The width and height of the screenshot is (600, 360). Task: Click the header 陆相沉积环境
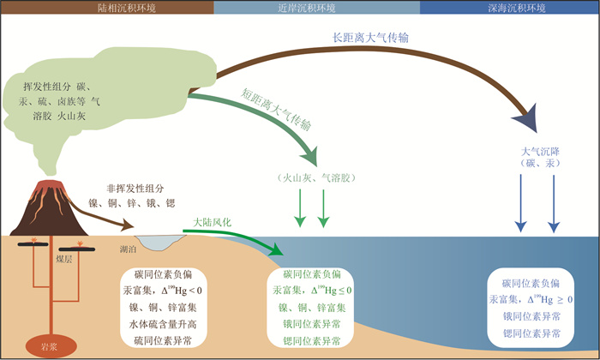click(127, 8)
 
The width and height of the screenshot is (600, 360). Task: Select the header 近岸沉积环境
click(307, 8)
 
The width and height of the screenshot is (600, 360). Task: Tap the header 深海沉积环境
click(517, 8)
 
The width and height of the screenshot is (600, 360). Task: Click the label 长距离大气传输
click(370, 38)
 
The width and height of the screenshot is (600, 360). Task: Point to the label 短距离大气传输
click(275, 110)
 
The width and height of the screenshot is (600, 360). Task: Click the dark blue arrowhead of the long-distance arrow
click(527, 118)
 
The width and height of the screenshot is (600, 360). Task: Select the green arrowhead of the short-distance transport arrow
click(310, 156)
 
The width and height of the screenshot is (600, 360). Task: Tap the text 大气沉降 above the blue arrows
click(540, 152)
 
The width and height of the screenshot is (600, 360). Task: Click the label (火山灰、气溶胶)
click(316, 178)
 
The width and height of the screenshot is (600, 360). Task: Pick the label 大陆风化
click(212, 223)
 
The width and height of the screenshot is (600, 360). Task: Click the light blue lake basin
click(159, 242)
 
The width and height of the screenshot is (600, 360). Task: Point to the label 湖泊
click(128, 249)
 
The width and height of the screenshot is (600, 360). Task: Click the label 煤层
click(64, 260)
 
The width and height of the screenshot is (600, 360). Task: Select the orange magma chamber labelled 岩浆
click(51, 346)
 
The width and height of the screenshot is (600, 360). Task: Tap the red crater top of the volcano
click(49, 185)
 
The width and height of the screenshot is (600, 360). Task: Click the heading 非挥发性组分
click(135, 189)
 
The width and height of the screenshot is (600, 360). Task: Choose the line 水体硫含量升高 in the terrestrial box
click(163, 324)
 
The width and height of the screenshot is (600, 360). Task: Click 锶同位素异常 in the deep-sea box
click(531, 333)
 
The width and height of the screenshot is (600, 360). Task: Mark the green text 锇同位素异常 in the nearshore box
click(312, 324)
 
